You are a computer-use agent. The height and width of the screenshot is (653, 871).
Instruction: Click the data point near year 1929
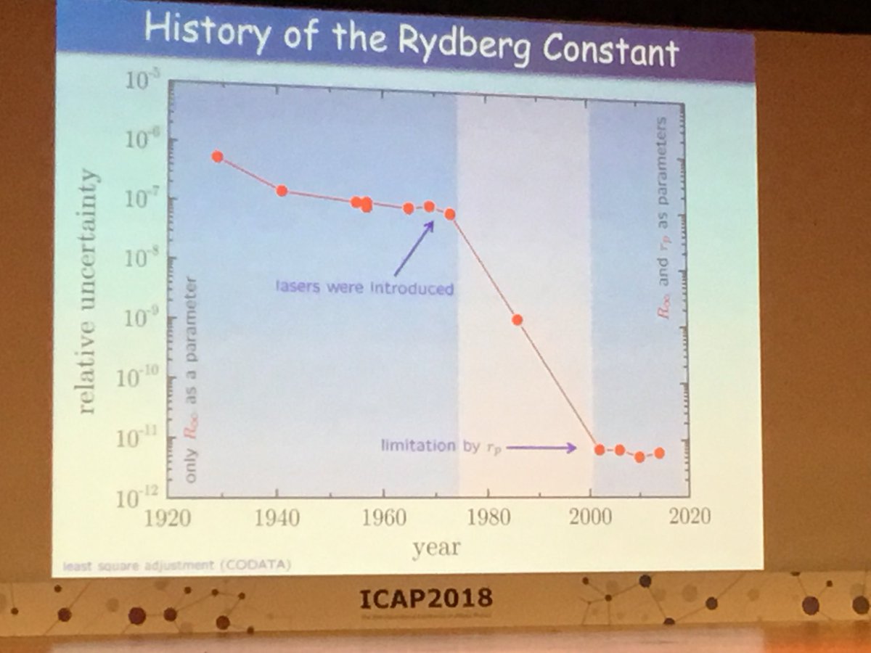(x=218, y=157)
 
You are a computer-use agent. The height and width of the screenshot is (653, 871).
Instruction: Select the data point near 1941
(x=282, y=191)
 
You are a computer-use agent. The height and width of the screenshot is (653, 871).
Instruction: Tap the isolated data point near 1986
(x=518, y=319)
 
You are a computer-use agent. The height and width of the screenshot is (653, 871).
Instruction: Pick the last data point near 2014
(x=659, y=453)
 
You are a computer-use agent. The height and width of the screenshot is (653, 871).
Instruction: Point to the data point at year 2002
(x=600, y=450)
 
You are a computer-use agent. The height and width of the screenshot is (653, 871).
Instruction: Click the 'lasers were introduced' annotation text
(x=364, y=288)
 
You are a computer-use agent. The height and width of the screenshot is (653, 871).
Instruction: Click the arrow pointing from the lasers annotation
(x=414, y=249)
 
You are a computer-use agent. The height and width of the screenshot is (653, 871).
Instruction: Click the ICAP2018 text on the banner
(x=426, y=599)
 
